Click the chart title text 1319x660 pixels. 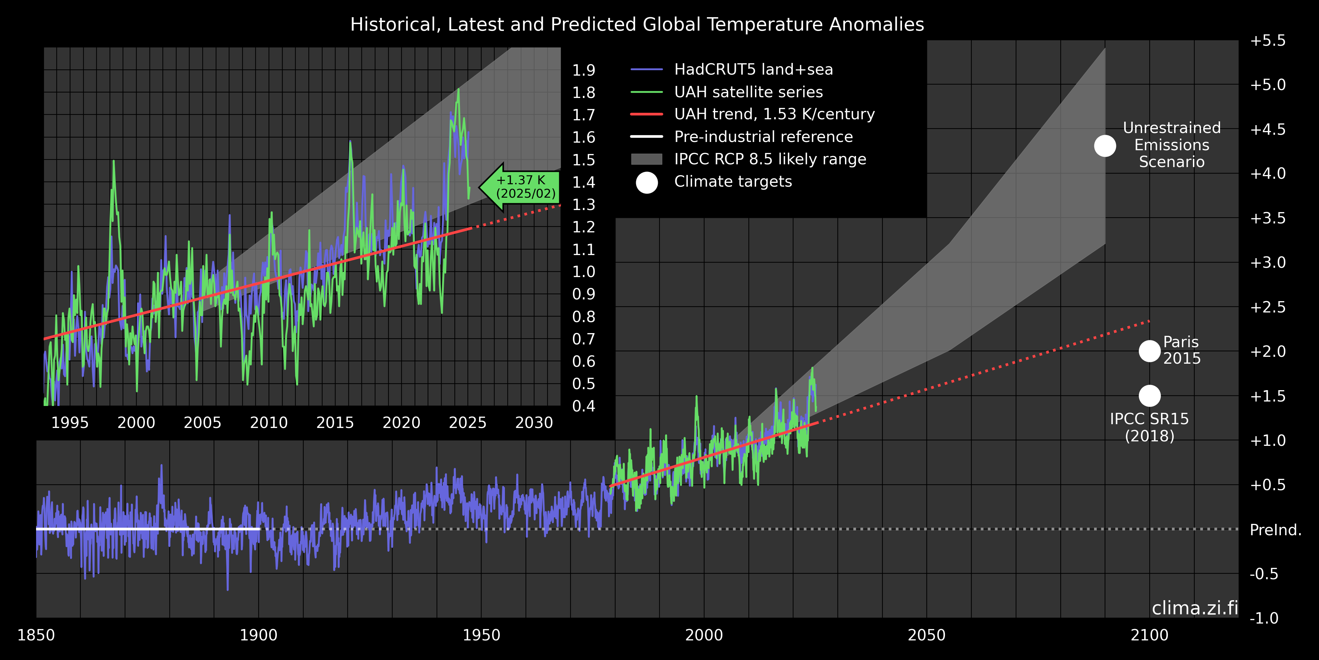tap(637, 25)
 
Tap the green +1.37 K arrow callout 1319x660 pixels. tap(522, 187)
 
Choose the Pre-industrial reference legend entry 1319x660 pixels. tap(763, 137)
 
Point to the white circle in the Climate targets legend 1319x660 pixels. tap(647, 183)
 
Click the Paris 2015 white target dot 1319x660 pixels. tap(1150, 351)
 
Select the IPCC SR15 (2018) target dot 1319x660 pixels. tap(1150, 396)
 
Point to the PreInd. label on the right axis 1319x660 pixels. tap(1275, 530)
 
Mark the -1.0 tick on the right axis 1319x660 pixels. tap(1264, 618)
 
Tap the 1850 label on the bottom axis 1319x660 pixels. tap(36, 635)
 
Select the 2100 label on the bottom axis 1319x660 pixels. tap(1150, 635)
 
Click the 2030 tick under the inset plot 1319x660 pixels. tap(534, 423)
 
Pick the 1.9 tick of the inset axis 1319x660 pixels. tap(584, 70)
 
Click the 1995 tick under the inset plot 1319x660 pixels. tap(70, 423)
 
